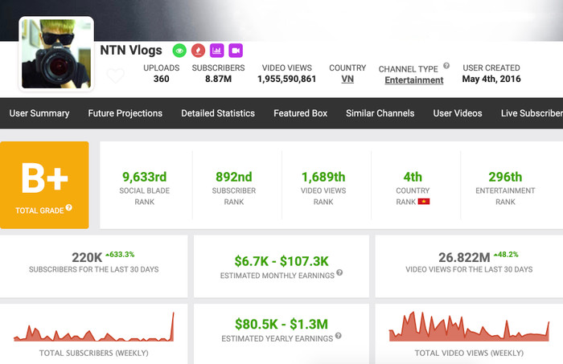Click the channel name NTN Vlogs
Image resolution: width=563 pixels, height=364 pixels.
pos(131,50)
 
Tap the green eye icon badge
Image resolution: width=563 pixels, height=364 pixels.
pos(179,50)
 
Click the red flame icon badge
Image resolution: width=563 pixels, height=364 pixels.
pos(198,50)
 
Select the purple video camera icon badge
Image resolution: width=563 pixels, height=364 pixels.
pos(236,50)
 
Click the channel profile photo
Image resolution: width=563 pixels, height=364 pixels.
pos(55,54)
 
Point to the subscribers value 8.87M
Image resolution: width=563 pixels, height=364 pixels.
pos(212,80)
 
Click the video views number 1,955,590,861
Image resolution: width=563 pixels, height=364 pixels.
pos(287,80)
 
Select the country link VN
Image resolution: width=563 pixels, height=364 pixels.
pos(347,80)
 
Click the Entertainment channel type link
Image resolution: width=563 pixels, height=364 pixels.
pos(413,80)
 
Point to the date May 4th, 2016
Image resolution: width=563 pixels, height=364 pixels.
pos(491,79)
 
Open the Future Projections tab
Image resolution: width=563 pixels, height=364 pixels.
pos(125,113)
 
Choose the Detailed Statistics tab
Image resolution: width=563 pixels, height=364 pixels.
pos(218,113)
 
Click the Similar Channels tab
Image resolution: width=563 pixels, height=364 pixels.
pos(380,113)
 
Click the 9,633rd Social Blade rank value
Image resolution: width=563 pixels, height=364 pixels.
pos(144,177)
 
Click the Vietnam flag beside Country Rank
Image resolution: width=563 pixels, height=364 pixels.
pos(424,201)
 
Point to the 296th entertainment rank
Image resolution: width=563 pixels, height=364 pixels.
pos(505,177)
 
